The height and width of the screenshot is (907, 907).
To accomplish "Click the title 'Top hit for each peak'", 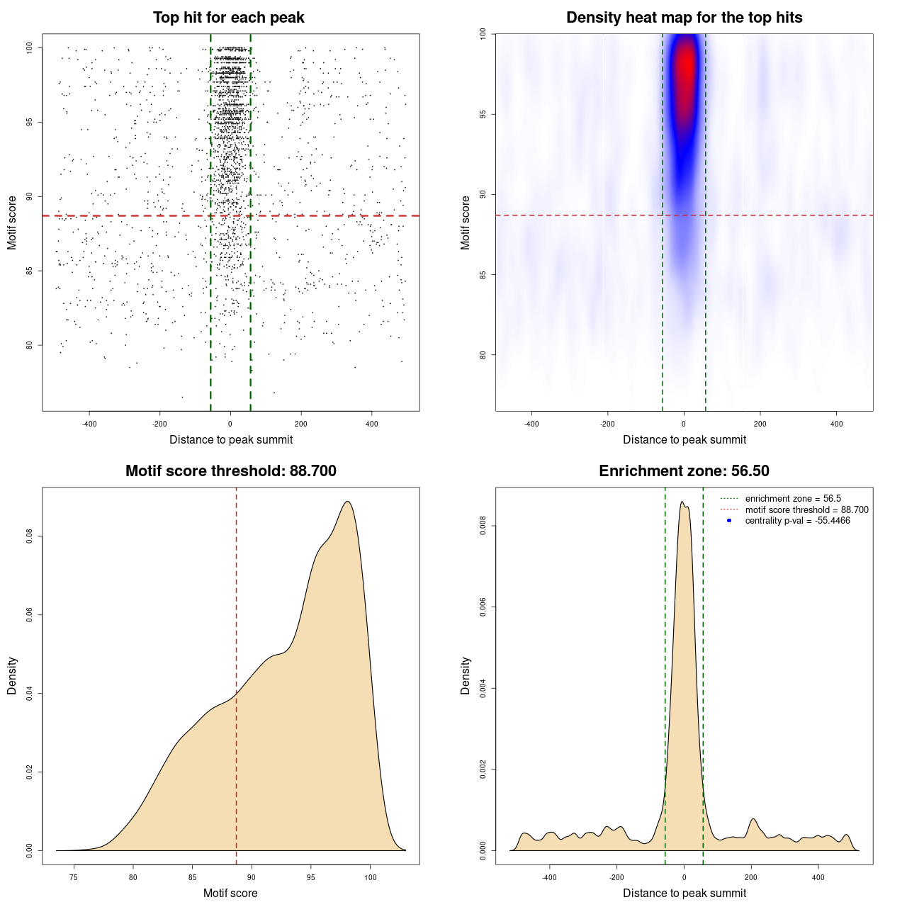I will tap(228, 18).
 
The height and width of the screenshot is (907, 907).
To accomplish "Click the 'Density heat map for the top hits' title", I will tap(684, 18).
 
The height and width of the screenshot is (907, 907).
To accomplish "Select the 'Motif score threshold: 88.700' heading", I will tap(230, 471).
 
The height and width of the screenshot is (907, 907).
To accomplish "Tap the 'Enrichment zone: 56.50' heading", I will tap(684, 471).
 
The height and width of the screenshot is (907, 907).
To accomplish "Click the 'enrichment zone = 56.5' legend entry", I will tap(793, 499).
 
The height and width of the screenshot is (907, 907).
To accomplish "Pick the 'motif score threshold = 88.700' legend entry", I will tap(806, 509).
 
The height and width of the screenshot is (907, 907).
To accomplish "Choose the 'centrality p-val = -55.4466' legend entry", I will tap(797, 521).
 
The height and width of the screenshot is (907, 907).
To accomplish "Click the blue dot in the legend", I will tap(729, 521).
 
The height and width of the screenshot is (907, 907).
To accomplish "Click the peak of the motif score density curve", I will tap(347, 502).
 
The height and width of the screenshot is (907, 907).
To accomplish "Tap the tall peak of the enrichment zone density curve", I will tap(682, 502).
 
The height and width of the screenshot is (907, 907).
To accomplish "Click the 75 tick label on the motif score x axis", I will tap(74, 878).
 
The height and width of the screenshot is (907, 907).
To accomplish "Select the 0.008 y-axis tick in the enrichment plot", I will tap(483, 526).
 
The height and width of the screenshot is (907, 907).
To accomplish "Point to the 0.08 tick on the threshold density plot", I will tap(29, 537).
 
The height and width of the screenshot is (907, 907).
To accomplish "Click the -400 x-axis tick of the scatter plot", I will tap(89, 424).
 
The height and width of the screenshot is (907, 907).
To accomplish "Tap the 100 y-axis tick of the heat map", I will tap(483, 34).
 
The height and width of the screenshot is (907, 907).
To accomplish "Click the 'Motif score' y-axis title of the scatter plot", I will tap(12, 222).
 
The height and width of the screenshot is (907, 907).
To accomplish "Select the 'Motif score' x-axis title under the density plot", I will tap(230, 893).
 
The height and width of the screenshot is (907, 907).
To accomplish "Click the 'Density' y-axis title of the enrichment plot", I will tap(466, 675).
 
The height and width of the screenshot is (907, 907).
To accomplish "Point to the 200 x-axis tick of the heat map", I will tap(760, 424).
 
